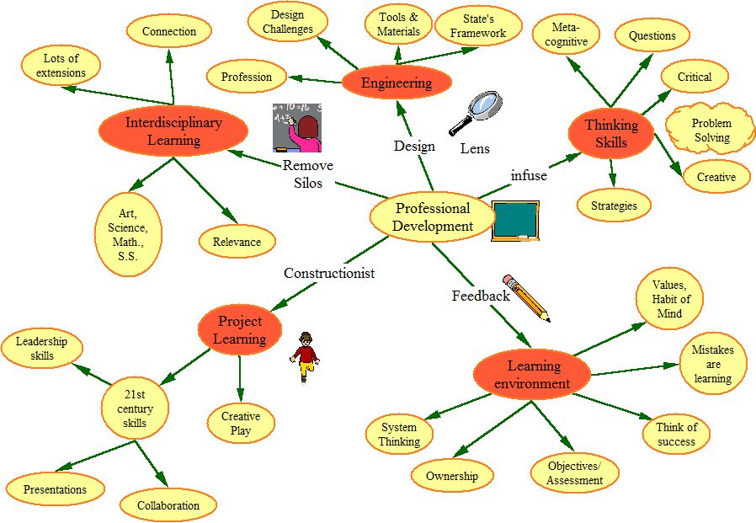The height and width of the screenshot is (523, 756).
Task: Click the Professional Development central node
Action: [432, 216]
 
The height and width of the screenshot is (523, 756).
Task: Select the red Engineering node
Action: [397, 83]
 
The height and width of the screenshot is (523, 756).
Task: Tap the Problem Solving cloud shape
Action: [711, 131]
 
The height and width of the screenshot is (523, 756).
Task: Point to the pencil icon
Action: [526, 297]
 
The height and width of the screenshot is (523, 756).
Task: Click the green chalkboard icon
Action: [514, 221]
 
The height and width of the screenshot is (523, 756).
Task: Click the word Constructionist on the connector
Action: [328, 273]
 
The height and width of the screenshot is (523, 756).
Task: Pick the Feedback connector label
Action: [481, 296]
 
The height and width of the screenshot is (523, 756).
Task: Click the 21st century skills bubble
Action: [135, 408]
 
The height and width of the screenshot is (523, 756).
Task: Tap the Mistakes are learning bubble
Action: [712, 364]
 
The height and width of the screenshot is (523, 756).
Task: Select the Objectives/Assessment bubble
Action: [575, 473]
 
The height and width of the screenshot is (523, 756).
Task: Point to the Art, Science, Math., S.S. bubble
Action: [128, 235]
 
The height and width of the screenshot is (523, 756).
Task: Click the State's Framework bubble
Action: [478, 26]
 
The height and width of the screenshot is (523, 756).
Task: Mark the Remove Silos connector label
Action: [308, 174]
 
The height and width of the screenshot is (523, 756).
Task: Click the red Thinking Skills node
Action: [611, 133]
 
